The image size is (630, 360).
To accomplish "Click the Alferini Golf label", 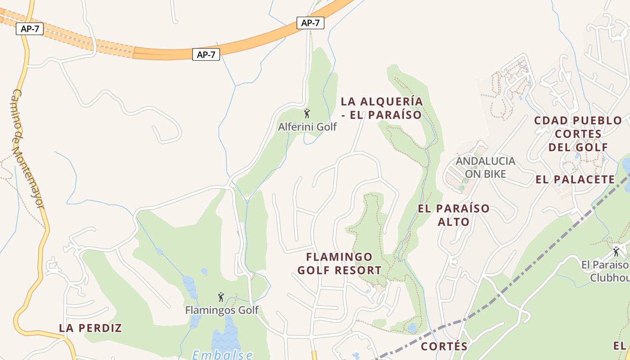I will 307,126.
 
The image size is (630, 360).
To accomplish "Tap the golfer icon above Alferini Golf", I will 307,113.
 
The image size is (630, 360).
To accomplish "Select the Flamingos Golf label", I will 222,310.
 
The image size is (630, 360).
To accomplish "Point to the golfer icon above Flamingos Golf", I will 221,297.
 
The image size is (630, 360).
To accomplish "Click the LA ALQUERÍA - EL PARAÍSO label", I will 382,108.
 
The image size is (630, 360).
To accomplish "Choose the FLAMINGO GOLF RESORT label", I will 344,264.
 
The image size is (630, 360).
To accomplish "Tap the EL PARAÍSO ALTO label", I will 454,215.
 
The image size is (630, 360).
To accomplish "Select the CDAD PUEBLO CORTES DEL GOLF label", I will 578,134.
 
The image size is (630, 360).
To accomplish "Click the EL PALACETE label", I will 575,180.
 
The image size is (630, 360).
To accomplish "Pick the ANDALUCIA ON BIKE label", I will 486,167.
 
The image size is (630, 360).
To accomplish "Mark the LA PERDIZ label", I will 90,328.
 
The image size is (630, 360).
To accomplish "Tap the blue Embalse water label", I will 222,355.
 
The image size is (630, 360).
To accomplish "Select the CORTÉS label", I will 444,346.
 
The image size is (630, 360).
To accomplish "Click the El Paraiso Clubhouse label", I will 605,271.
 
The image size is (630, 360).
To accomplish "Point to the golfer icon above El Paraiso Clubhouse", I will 616,252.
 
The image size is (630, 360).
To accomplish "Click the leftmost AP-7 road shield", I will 30,29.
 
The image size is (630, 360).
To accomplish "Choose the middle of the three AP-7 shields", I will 206,54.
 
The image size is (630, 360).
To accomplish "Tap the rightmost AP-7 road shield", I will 310,22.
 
